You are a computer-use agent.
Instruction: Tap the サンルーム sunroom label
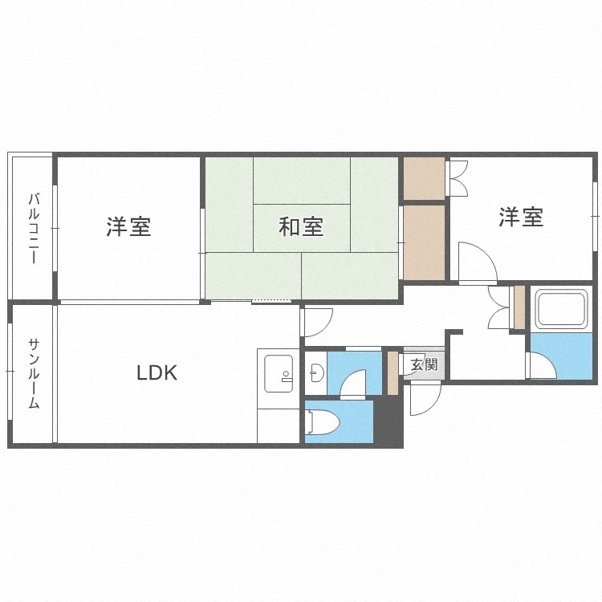pos(34,374)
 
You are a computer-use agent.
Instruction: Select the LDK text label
pos(156,372)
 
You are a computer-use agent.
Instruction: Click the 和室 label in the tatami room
pos(301,227)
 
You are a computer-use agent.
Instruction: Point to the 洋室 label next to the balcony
pos(128,227)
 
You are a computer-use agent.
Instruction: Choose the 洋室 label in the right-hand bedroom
pos(521,217)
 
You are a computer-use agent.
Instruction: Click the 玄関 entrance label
pos(424,364)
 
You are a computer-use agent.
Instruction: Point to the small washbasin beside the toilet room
pos(316,373)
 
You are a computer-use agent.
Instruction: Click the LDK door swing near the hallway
pos(316,322)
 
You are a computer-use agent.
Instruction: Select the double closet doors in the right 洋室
pos(459,179)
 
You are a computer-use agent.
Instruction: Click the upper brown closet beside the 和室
pos(424,179)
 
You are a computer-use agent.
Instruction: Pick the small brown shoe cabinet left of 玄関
pos(393,372)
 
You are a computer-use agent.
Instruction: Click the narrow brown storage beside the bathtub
pos(519,307)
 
